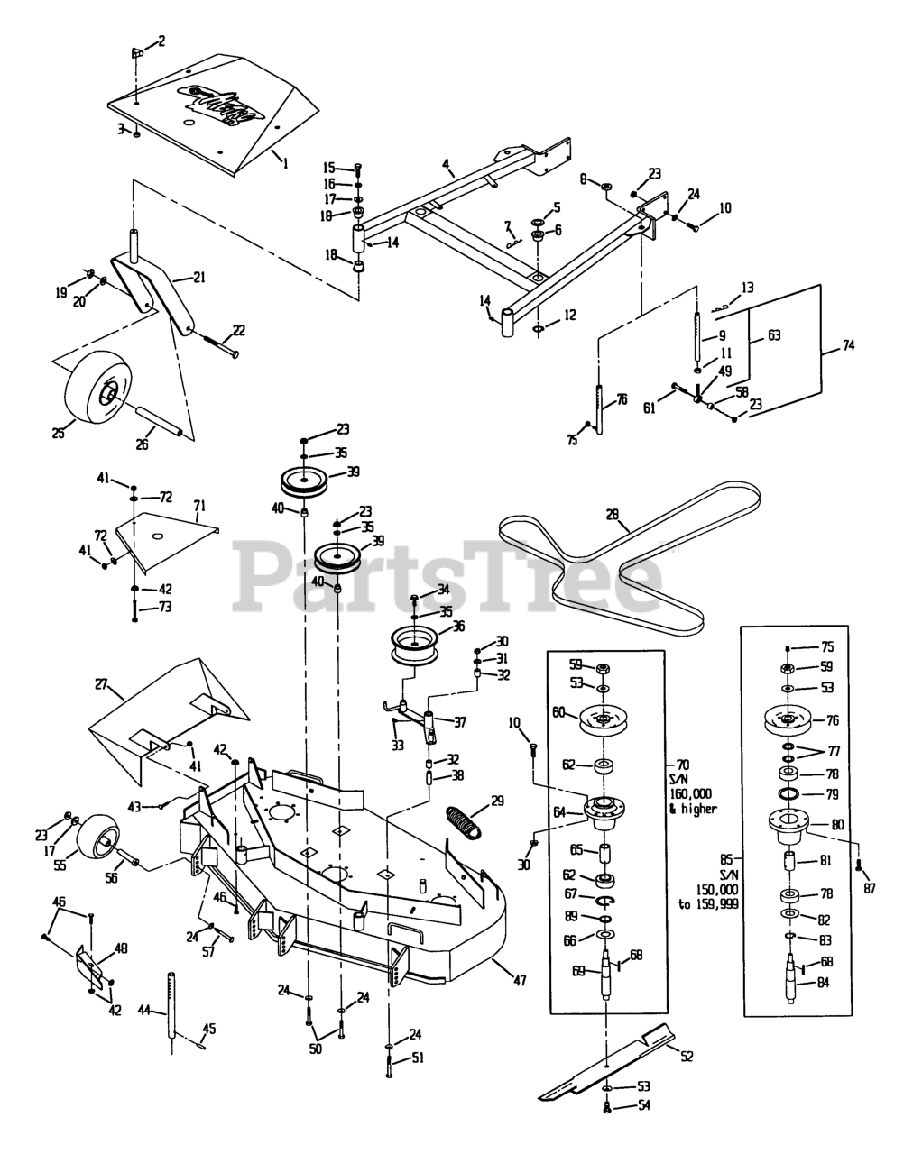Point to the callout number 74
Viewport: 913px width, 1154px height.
pos(849,345)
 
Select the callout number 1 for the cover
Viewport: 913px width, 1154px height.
pos(286,163)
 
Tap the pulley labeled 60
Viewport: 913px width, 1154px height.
pos(612,719)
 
